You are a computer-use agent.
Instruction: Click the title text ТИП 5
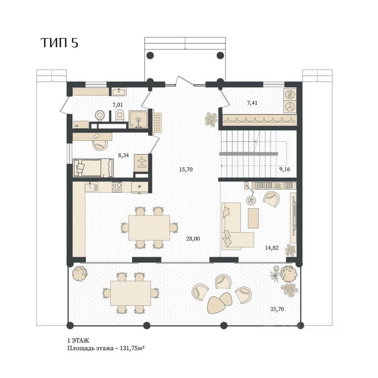point(60,43)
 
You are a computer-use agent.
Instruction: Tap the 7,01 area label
point(118,105)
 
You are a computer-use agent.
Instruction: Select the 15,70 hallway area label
point(185,169)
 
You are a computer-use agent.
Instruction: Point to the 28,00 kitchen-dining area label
point(193,239)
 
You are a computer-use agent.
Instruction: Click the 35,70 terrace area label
point(277,309)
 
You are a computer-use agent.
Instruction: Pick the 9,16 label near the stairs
point(284,169)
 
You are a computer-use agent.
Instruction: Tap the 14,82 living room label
point(272,247)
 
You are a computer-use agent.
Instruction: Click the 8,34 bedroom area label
point(123,155)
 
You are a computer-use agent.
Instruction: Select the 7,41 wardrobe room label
point(252,103)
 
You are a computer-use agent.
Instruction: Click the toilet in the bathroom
point(120,115)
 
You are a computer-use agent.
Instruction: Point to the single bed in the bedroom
point(93,168)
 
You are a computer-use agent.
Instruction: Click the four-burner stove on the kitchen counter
point(117,187)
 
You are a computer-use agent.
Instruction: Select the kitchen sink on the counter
point(91,187)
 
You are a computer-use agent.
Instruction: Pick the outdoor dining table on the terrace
point(131,293)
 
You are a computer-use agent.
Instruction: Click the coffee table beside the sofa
point(253,218)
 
